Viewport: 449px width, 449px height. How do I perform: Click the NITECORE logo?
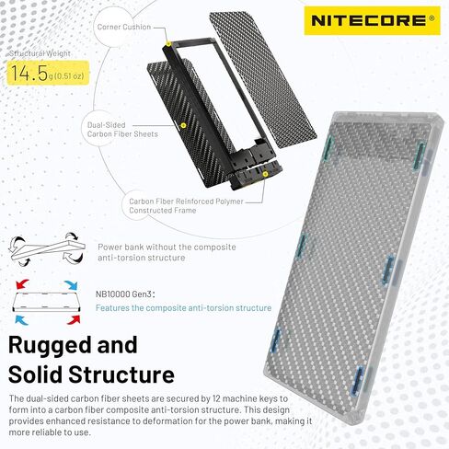tap(372, 20)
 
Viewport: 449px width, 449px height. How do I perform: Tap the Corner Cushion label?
tap(124, 27)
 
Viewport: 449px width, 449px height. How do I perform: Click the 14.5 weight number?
tap(29, 73)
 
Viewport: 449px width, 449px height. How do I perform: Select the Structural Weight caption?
tap(40, 53)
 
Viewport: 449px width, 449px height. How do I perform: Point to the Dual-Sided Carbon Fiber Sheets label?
tap(122, 130)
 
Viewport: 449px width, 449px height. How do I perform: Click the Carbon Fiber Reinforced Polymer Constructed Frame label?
tap(186, 206)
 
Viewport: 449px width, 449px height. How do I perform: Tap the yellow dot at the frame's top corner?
tap(168, 44)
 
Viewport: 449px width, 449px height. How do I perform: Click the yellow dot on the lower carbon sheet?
tap(183, 125)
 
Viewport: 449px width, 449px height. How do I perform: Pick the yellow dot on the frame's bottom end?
tap(265, 174)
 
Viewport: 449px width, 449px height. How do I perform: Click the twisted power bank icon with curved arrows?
tap(47, 249)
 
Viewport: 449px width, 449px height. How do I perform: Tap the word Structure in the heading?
tap(121, 374)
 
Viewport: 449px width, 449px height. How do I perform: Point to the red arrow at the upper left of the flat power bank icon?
tap(22, 284)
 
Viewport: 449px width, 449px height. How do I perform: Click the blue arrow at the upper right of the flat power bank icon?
tap(71, 285)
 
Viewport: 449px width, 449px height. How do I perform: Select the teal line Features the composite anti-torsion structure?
tap(183, 307)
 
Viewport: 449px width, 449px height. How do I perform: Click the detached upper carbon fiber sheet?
tap(263, 80)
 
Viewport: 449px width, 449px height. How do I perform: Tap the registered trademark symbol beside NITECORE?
tap(432, 17)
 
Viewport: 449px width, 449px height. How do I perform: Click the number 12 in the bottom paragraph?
tap(215, 398)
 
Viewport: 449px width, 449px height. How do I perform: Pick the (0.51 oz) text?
tap(69, 76)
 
